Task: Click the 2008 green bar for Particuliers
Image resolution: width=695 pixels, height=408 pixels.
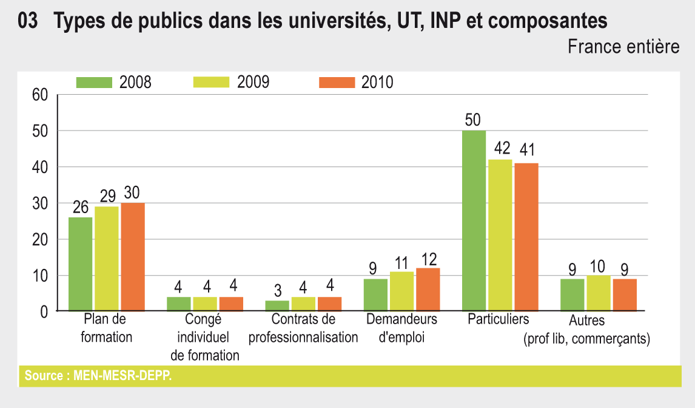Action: tap(474, 221)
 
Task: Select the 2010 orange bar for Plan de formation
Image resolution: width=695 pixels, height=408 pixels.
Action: tap(133, 257)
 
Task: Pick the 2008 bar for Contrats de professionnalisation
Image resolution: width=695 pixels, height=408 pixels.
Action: tap(277, 305)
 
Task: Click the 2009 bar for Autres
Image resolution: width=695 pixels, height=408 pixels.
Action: tap(599, 293)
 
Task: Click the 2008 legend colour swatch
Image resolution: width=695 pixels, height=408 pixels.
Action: tap(94, 83)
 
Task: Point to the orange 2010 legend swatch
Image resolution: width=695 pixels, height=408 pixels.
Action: tap(337, 83)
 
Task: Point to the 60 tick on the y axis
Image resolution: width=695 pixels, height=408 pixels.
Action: tap(39, 95)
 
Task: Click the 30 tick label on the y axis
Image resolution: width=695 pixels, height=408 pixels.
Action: tap(39, 203)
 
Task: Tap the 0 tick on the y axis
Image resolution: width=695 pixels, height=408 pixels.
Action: tap(44, 312)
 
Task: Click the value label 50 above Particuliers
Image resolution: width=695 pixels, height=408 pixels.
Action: tap(474, 120)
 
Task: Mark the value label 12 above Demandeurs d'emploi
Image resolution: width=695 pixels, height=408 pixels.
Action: tap(428, 259)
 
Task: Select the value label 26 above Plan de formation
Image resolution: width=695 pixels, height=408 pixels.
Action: tap(81, 208)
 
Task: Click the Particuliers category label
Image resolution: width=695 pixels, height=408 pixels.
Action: tap(499, 319)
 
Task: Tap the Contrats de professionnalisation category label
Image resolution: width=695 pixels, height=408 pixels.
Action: tap(303, 328)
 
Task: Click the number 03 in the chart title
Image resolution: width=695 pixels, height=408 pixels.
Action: tap(29, 22)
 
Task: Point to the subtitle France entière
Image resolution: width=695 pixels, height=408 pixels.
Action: tap(623, 47)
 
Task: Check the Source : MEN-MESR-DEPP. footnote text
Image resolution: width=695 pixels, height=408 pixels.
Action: tap(98, 376)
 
